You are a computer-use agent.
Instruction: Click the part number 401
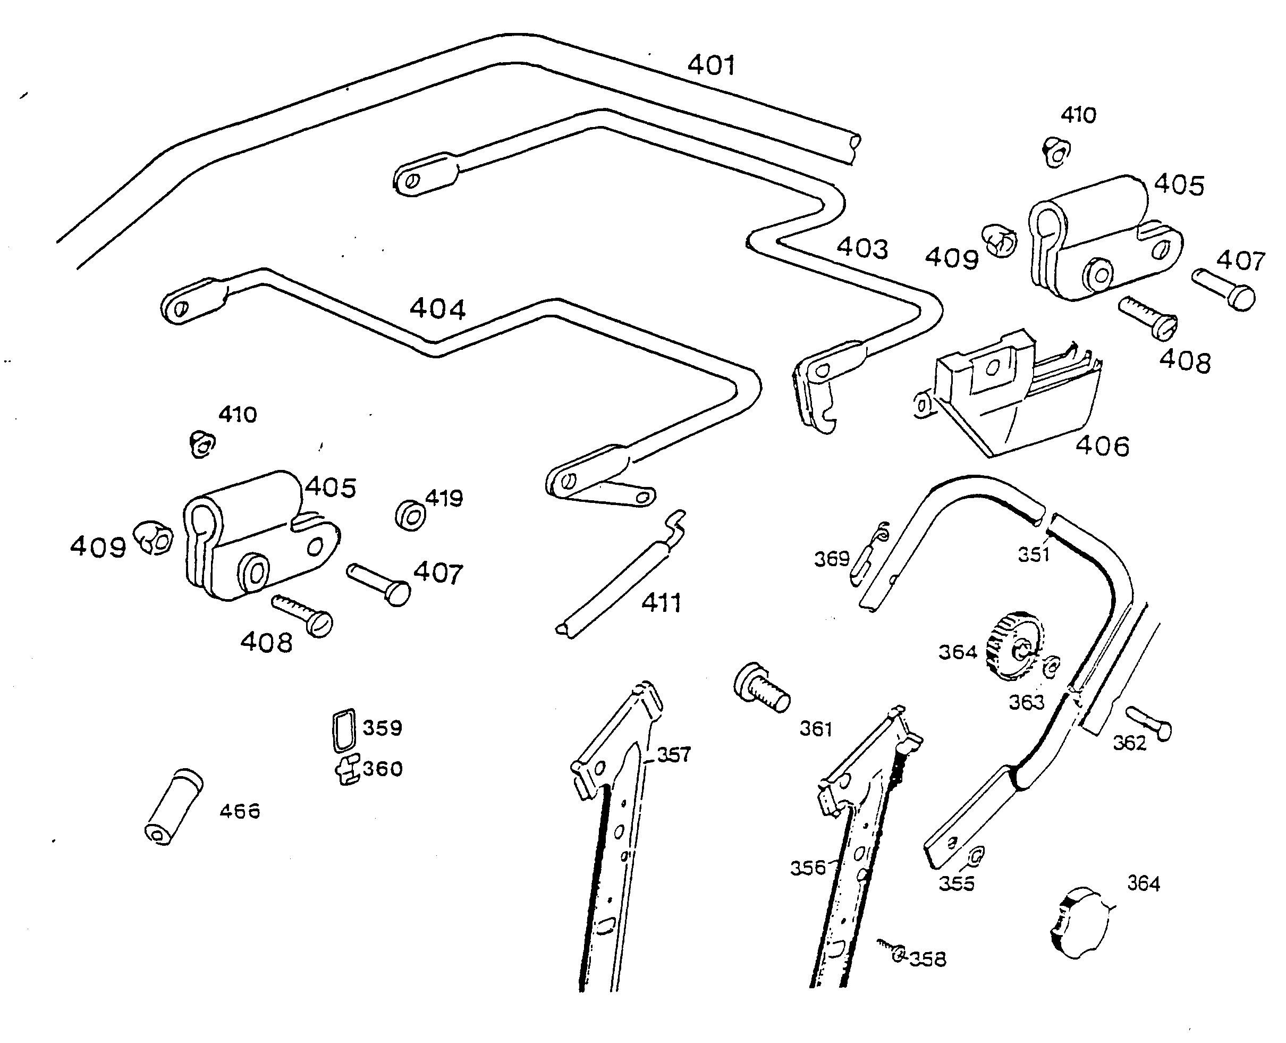pyautogui.click(x=710, y=65)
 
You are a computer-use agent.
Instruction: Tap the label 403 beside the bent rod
pyautogui.click(x=862, y=248)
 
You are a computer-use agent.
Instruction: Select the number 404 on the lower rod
pyautogui.click(x=437, y=309)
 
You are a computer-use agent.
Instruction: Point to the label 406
pyautogui.click(x=1102, y=447)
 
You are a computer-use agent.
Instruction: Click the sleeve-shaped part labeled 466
pyautogui.click(x=174, y=806)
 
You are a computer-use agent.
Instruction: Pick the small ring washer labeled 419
pyautogui.click(x=410, y=516)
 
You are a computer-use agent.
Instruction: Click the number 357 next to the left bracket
pyautogui.click(x=674, y=755)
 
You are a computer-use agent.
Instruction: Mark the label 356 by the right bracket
pyautogui.click(x=807, y=868)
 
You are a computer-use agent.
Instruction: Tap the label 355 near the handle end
pyautogui.click(x=956, y=883)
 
